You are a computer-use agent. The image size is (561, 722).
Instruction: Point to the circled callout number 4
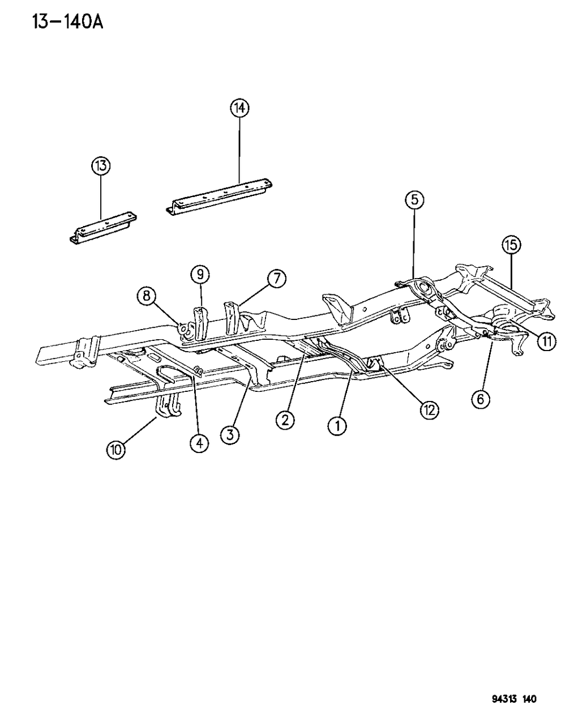[x=198, y=443]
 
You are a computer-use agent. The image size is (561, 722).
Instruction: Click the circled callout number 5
[x=414, y=199]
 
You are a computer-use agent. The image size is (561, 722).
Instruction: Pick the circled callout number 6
[x=481, y=399]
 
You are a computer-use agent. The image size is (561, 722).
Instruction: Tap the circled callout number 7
[x=276, y=279]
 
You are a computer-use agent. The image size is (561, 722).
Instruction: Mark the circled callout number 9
[x=200, y=275]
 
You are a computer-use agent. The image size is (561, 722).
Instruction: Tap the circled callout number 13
[x=101, y=166]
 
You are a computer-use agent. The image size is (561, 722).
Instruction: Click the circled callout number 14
[x=239, y=108]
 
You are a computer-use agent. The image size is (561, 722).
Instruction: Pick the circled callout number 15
[x=511, y=245]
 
